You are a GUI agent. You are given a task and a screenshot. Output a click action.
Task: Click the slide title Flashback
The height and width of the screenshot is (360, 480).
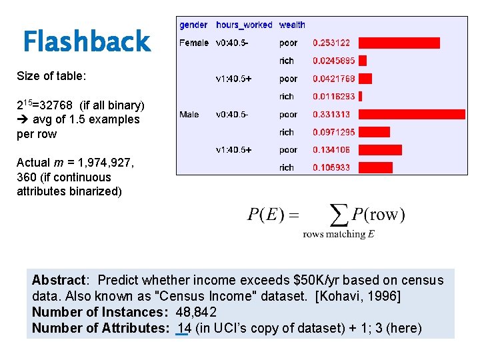(x=87, y=41)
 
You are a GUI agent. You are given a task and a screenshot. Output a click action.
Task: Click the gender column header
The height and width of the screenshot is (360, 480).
(x=193, y=25)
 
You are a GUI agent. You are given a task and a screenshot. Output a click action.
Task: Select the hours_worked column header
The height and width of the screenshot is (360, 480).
(x=244, y=25)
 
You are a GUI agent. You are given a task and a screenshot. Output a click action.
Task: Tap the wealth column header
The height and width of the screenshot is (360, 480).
(x=292, y=25)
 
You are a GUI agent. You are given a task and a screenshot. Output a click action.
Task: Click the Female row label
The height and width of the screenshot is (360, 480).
(x=194, y=43)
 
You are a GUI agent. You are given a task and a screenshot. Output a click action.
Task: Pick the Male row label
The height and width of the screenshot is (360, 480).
(x=189, y=114)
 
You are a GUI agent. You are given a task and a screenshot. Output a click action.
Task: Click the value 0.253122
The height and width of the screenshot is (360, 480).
(x=331, y=43)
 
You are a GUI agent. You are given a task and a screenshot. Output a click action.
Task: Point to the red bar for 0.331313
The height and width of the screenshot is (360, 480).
(x=410, y=114)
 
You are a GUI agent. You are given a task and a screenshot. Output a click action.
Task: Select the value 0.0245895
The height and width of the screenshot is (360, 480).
(x=334, y=61)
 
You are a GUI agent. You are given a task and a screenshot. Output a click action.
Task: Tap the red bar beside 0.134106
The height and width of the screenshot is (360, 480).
(x=381, y=150)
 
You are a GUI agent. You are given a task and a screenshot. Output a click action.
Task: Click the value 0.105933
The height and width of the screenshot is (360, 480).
(x=331, y=167)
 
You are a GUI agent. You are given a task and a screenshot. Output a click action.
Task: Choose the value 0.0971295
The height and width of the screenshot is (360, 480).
(x=334, y=132)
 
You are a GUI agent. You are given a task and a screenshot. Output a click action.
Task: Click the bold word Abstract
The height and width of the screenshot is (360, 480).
(x=57, y=280)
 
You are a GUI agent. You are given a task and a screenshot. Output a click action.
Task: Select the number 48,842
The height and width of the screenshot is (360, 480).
(x=196, y=311)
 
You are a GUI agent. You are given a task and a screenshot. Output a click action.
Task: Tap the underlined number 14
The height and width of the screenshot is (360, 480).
(x=183, y=327)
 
